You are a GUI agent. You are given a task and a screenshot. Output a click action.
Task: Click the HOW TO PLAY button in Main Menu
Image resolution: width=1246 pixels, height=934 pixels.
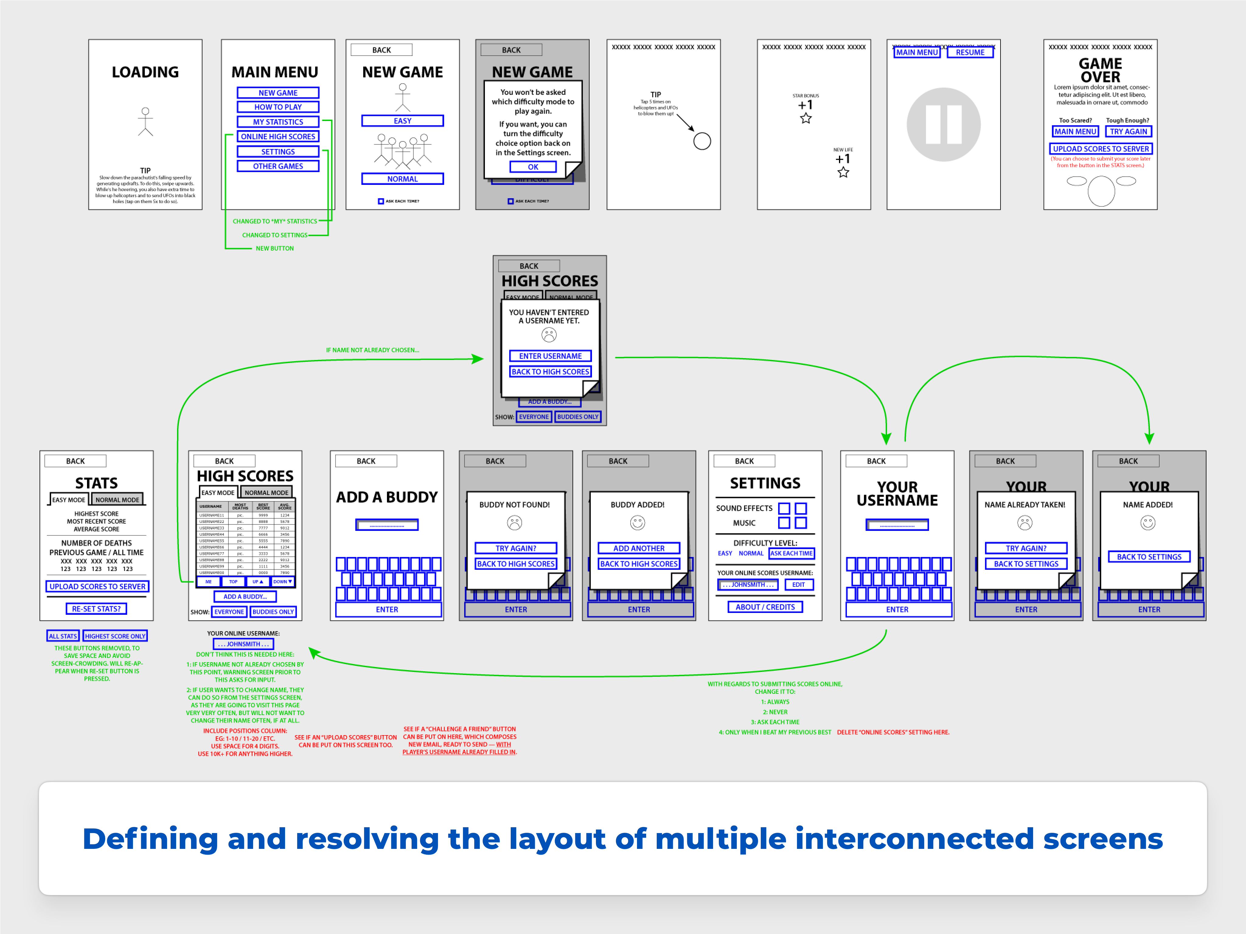278,107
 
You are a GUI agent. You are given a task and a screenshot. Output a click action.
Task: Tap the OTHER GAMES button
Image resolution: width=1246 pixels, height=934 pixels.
278,166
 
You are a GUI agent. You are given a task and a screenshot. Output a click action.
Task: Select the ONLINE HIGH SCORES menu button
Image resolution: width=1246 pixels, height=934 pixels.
278,136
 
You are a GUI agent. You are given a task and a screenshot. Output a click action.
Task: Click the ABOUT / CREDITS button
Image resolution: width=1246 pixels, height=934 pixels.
765,607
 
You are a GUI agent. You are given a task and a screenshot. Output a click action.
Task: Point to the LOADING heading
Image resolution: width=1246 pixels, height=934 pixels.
145,72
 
